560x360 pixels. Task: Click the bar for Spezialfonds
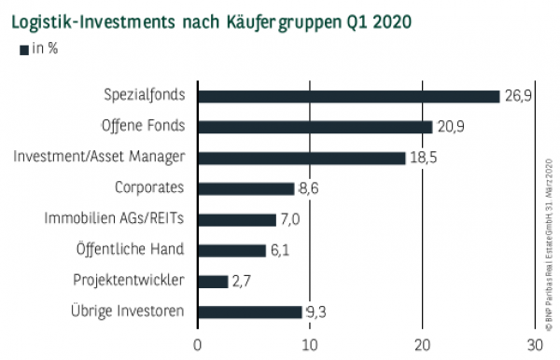pyautogui.click(x=349, y=95)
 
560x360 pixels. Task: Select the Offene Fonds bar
pyautogui.click(x=315, y=126)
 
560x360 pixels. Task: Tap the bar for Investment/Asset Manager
pyautogui.click(x=301, y=158)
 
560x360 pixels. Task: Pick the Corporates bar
pyautogui.click(x=246, y=187)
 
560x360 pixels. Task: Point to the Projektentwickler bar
pyautogui.click(x=213, y=281)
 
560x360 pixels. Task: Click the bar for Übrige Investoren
pyautogui.click(x=250, y=312)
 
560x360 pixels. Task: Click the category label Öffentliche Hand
pyautogui.click(x=130, y=249)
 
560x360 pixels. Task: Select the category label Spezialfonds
pyautogui.click(x=144, y=95)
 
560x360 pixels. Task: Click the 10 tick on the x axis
pyautogui.click(x=310, y=344)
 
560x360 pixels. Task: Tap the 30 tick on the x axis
pyautogui.click(x=535, y=344)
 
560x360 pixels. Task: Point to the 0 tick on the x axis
pyautogui.click(x=198, y=344)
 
